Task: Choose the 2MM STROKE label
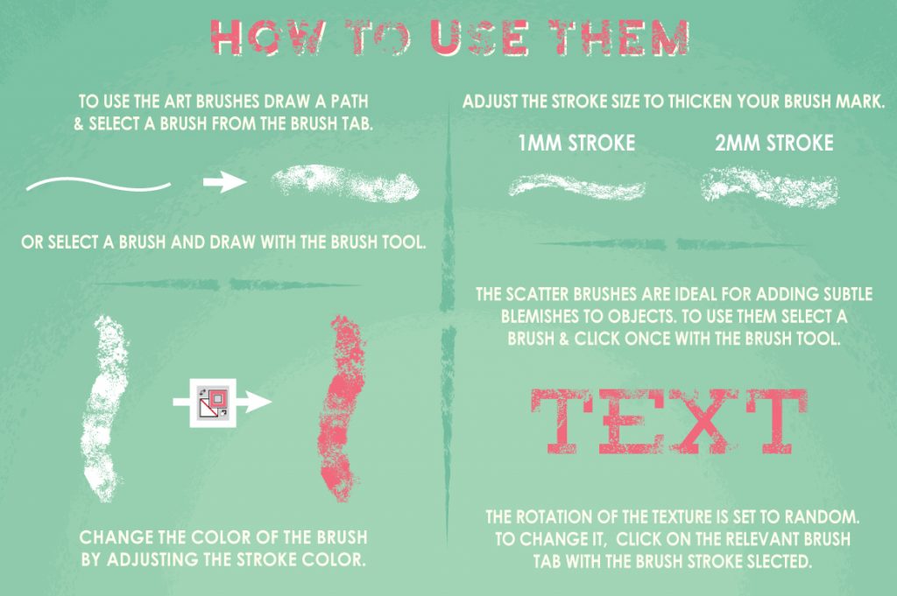coord(773,143)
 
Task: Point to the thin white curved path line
coord(98,184)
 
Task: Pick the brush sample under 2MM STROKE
coord(770,186)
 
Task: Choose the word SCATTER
coord(538,294)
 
